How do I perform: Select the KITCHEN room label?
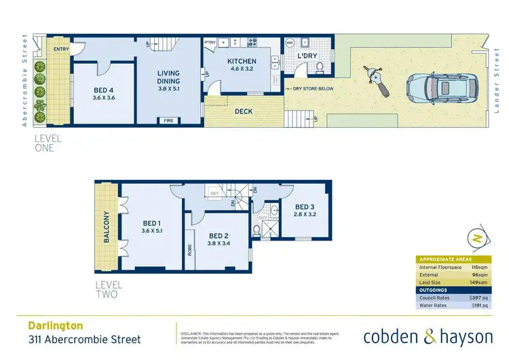[x=241, y=61]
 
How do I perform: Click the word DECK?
[x=244, y=111]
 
